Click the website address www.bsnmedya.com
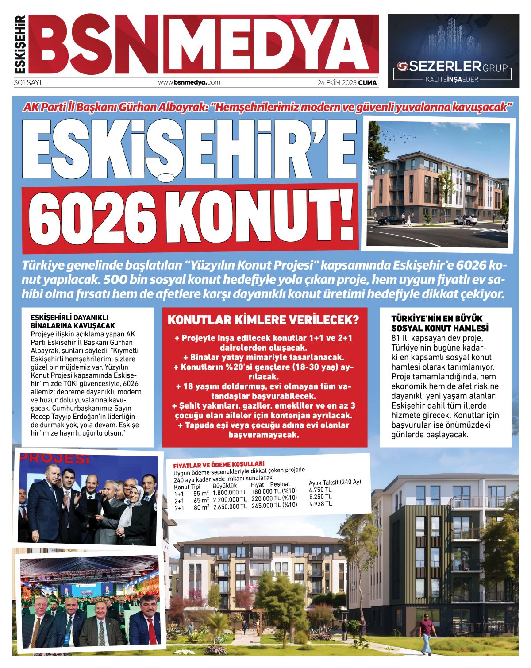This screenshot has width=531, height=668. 189,82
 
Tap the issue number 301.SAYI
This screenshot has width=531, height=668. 27,82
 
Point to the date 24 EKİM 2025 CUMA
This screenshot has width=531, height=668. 347,82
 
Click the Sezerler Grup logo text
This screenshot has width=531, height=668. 453,67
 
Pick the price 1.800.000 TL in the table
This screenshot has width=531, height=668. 230,492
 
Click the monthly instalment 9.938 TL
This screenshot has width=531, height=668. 320,504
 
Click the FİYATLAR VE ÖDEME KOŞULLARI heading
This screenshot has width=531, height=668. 219,465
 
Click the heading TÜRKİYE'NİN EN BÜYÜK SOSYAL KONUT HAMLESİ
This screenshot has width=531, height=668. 440,323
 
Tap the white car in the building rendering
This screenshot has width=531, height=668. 465,220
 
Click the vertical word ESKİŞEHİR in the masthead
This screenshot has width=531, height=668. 20,44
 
